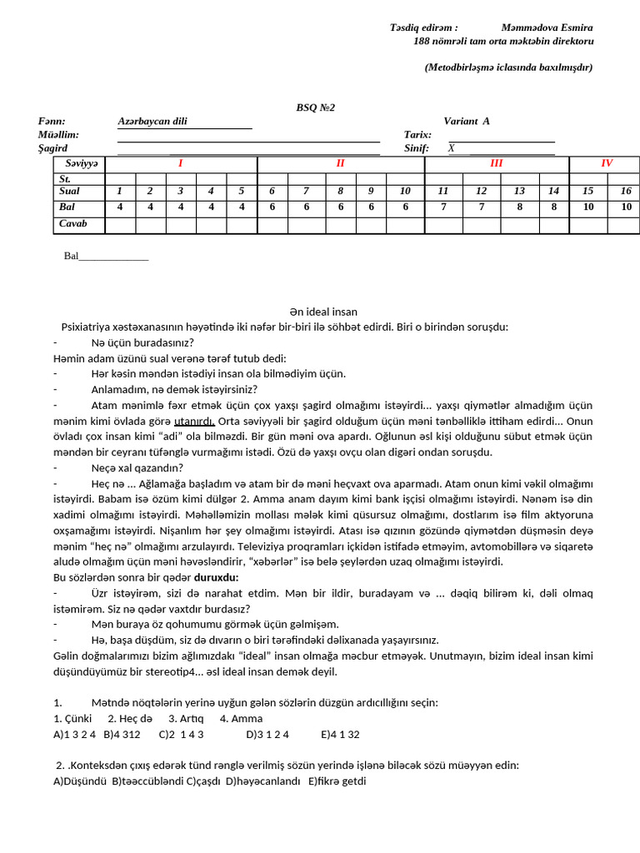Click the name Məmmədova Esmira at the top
(547, 27)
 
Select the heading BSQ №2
(316, 107)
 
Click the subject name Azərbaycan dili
(152, 121)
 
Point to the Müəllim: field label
(58, 134)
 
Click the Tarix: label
(417, 134)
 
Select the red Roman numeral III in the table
(497, 163)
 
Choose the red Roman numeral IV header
(607, 163)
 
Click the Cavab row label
(72, 223)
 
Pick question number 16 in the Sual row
(626, 191)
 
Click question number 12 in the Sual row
(481, 191)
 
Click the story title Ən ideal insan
(323, 312)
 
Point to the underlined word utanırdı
(194, 421)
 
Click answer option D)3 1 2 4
(267, 734)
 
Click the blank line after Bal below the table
(113, 257)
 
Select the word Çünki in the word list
(77, 718)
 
